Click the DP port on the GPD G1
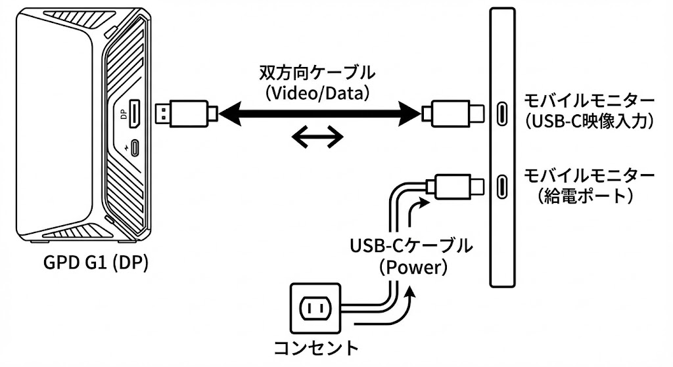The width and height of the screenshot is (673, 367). point(134,114)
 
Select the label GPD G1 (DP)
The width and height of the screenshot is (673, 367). point(95,263)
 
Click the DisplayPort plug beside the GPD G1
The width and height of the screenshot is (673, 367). point(186,114)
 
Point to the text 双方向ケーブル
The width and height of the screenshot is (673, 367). point(317,74)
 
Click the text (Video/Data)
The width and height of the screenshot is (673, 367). point(317,93)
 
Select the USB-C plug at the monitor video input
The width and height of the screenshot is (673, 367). point(453,114)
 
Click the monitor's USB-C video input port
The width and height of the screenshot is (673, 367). point(501,114)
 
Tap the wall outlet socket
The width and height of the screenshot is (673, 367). point(315,308)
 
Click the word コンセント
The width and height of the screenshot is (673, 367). point(316,347)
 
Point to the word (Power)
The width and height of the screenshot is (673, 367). point(413,267)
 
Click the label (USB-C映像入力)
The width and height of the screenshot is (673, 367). point(589,121)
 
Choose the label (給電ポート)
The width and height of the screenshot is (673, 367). point(586,196)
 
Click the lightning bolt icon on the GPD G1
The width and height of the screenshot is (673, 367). point(126,148)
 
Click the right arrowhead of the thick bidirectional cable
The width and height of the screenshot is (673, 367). point(410,114)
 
